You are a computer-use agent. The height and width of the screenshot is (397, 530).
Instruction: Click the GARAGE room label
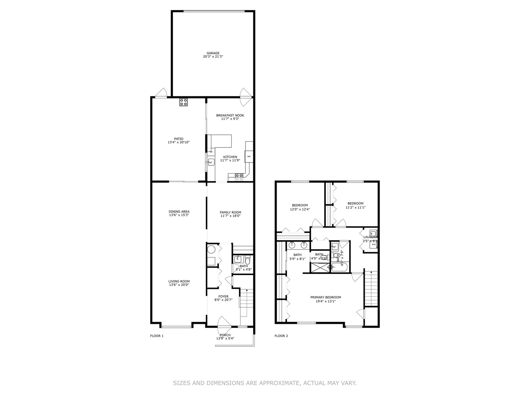pos(213,53)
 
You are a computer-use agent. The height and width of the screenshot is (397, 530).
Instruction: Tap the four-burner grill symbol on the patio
pos(183,102)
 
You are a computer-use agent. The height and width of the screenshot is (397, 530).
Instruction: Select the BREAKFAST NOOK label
pos(230,115)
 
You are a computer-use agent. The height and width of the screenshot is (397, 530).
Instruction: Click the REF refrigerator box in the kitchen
pos(249,157)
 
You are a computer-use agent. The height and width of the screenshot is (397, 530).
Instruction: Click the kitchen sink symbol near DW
pos(211,162)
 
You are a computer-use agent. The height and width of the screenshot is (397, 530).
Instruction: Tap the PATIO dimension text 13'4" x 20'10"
pos(179,142)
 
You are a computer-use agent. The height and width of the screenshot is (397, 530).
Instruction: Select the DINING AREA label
pos(179,212)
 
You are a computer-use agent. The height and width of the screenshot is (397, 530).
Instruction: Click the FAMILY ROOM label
pos(230,212)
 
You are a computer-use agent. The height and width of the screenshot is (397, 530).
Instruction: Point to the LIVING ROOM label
pos(179,282)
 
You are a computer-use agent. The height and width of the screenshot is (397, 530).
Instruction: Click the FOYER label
pos(223,296)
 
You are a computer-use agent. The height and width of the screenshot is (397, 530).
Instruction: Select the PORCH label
pos(225,335)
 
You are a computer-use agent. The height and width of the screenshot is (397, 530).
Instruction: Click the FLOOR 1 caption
pos(157,336)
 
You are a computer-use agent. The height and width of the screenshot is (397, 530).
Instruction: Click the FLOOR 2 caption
pos(281,336)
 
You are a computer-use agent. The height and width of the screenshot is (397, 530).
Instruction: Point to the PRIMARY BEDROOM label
pos(325,297)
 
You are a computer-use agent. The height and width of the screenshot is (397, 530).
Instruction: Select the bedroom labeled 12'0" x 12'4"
pos(300,207)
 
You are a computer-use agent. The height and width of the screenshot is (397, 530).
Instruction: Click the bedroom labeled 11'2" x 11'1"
pos(355,205)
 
